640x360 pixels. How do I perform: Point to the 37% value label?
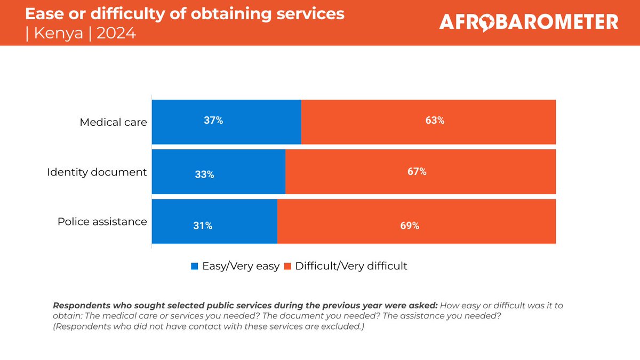[213, 121]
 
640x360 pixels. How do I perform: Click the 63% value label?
[435, 121]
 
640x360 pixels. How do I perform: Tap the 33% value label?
[204, 174]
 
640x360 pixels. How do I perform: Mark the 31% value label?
[203, 226]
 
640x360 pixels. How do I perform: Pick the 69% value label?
[409, 226]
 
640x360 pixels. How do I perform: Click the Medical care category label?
[113, 122]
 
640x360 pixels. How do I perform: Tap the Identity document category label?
[97, 172]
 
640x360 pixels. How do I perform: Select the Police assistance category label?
[102, 221]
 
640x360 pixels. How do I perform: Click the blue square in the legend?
[195, 266]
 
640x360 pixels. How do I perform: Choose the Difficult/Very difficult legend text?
[351, 266]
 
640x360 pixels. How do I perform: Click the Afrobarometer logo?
[529, 22]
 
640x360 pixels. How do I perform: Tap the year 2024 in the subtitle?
[116, 33]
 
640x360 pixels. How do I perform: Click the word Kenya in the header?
[58, 33]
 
